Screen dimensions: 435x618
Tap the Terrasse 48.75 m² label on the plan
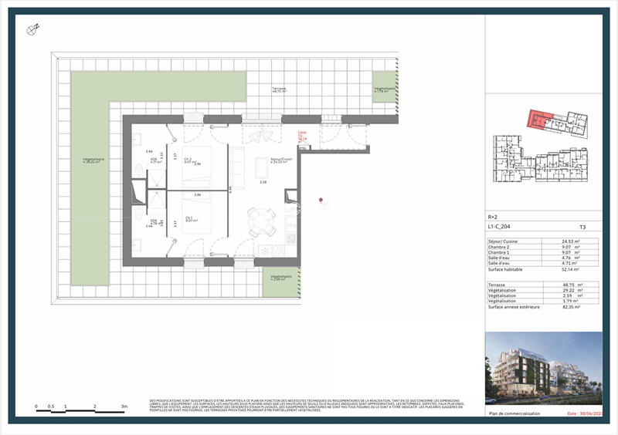click(278, 90)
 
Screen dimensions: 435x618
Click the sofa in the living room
click(238, 169)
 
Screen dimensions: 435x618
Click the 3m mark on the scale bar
click(123, 406)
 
